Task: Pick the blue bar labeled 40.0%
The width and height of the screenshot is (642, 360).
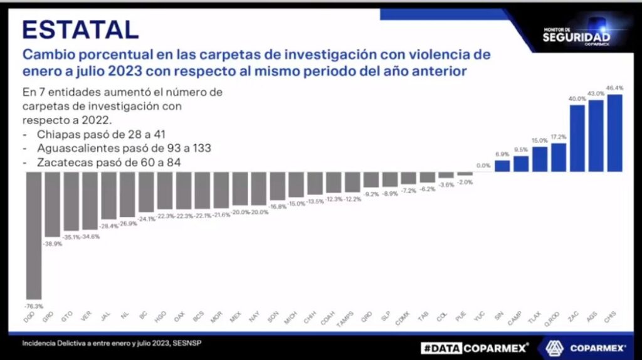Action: [x=577, y=138]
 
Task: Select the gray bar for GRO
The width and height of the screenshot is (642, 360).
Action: [x=53, y=204]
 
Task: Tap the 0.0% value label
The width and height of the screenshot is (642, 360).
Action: [x=483, y=166]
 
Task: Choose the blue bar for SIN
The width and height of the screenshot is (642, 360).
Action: [x=502, y=166]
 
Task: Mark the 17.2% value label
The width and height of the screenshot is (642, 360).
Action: [x=559, y=137]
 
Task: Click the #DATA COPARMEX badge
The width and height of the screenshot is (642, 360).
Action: [x=475, y=347]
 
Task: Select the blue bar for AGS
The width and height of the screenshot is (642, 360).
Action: [x=596, y=135]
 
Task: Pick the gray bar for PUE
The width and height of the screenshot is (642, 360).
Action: [x=465, y=174]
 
